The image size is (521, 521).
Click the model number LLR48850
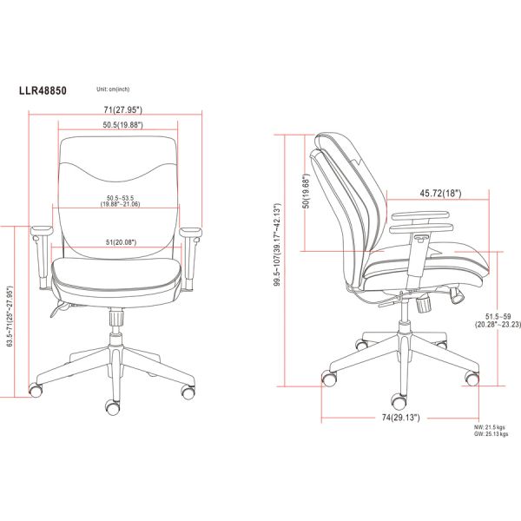point(43,90)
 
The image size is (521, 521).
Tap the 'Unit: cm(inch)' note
point(113,89)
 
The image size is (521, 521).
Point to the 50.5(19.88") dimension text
point(123,125)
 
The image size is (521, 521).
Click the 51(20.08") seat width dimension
point(121,242)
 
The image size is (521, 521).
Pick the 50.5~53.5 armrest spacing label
point(121,201)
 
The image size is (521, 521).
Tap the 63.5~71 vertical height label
point(10,316)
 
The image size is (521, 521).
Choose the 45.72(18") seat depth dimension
point(440,193)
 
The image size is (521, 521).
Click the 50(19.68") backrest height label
point(307,191)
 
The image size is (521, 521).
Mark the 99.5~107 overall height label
point(278,245)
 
